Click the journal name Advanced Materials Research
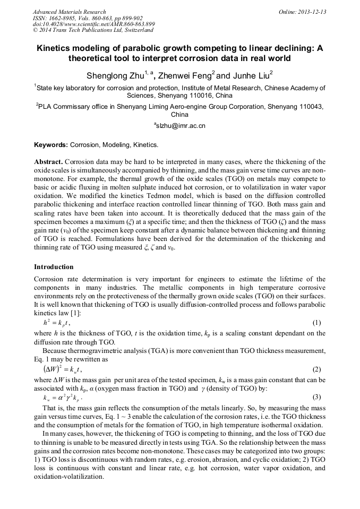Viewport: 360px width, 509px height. (69, 12)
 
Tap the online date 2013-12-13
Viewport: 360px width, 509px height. (312, 12)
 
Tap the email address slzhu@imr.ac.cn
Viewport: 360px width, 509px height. (180, 126)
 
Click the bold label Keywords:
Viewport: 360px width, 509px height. (51, 144)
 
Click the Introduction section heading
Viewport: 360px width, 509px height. (54, 266)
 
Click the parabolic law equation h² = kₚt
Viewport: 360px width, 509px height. (56, 322)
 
